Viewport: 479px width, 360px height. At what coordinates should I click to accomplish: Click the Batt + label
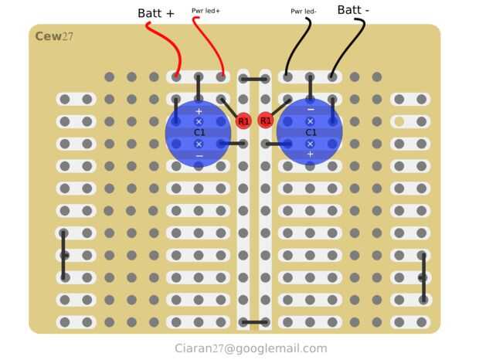click(156, 13)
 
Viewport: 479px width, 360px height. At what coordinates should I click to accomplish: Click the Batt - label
click(353, 10)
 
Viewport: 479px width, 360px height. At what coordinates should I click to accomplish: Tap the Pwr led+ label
click(206, 11)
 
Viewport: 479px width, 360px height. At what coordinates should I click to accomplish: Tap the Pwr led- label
click(304, 12)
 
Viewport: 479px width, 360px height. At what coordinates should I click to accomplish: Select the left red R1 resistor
click(243, 121)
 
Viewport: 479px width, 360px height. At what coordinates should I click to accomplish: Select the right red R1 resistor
click(266, 121)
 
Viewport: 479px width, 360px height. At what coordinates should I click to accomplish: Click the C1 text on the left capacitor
click(199, 133)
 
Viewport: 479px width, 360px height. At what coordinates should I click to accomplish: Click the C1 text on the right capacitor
click(311, 133)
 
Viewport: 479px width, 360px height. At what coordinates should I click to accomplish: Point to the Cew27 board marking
click(54, 36)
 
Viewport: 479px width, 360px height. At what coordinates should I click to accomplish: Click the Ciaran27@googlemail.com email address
click(251, 348)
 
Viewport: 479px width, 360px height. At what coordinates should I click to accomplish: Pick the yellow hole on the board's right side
click(399, 121)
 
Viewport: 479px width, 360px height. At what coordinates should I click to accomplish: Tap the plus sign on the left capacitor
click(199, 111)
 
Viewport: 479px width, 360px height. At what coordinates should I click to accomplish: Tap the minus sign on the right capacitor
click(311, 109)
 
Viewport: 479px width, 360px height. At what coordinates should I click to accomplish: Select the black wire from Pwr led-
click(298, 46)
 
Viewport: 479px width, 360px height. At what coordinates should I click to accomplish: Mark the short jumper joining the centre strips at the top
click(254, 80)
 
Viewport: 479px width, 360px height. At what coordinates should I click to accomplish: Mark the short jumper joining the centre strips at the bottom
click(254, 322)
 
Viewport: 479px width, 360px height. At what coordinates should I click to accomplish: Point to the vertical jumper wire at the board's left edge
click(63, 255)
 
